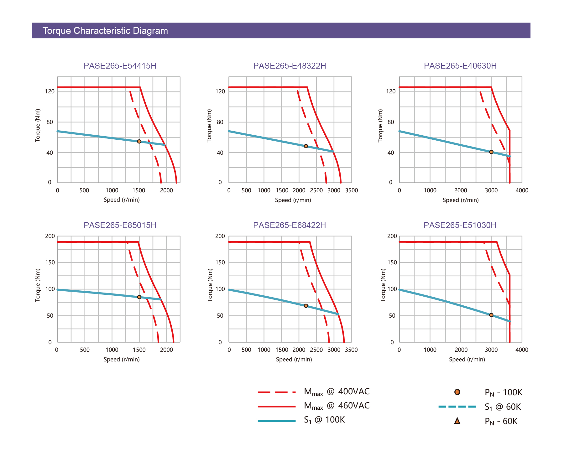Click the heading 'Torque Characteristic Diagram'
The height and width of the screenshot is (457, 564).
(105, 31)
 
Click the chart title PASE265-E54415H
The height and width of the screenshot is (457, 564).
(120, 66)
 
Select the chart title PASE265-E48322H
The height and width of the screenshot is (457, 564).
(290, 66)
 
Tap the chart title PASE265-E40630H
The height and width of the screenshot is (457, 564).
(460, 66)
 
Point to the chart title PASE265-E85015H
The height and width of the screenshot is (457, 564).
(120, 225)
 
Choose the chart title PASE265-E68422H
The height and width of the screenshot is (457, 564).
(290, 225)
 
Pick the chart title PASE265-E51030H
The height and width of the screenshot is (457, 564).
(460, 225)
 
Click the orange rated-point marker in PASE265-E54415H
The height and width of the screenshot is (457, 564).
(139, 142)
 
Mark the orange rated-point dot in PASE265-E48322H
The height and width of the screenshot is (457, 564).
(306, 146)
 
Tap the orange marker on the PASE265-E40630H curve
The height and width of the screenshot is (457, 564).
(491, 152)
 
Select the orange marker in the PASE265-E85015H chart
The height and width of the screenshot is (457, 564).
(139, 297)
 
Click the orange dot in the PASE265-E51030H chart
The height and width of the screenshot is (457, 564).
(491, 315)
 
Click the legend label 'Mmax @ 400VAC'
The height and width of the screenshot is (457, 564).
(337, 392)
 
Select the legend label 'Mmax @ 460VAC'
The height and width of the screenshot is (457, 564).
(337, 406)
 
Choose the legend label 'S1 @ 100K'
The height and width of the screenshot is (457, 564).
(324, 420)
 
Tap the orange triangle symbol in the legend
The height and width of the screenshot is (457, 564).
(457, 421)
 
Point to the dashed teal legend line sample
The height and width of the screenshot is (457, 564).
(457, 407)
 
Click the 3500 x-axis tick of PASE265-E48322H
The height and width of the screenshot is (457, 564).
(352, 190)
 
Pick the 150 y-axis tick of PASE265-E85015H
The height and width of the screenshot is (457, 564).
(50, 262)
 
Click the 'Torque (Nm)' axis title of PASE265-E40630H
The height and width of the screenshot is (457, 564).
(380, 126)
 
